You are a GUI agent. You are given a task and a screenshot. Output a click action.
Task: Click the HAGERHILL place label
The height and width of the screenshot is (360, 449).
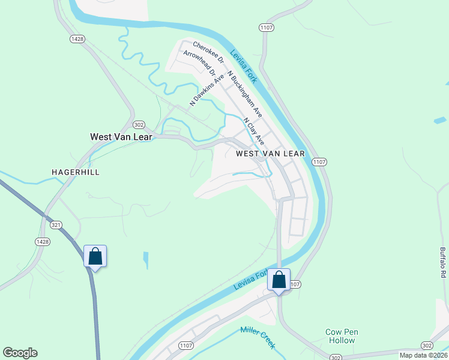click(75, 172)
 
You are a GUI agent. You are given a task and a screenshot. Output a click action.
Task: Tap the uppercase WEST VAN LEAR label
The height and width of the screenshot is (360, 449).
click(270, 154)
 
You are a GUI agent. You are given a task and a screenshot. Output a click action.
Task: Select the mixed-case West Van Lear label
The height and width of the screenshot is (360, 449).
click(121, 137)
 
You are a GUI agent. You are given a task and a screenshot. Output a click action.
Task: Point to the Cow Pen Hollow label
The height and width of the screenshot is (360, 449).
click(341, 336)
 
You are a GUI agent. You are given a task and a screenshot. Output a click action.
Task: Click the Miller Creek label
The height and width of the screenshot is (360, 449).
click(258, 337)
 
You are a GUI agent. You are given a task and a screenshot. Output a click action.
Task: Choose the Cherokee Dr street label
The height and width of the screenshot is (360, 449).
click(208, 52)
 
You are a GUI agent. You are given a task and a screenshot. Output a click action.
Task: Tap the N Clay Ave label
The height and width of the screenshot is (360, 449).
click(254, 131)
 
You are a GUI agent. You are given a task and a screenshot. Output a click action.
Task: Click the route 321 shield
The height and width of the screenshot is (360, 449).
click(56, 224)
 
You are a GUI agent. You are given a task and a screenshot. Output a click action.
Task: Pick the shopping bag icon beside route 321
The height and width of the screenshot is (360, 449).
click(95, 256)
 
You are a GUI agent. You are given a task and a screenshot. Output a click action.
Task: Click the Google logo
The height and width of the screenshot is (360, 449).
click(20, 353)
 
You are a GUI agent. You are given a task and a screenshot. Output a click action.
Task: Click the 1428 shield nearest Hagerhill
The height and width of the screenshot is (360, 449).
click(42, 241)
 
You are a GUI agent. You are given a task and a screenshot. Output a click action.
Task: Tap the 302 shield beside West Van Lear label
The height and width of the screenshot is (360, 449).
click(139, 124)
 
